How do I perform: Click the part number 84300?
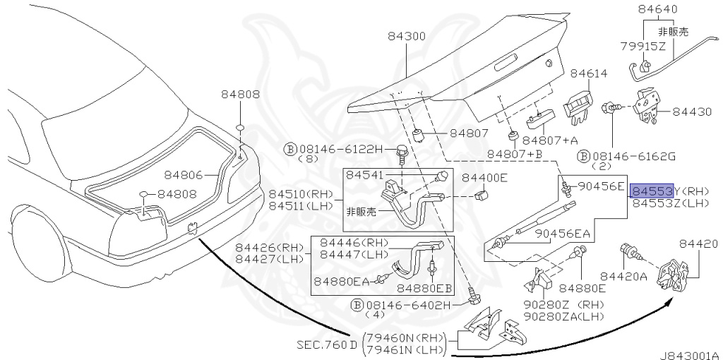coord(406,37)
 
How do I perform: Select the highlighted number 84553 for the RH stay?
coord(652,191)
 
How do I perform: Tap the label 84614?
coord(589,73)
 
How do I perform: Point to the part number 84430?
coord(692,112)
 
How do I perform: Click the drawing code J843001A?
coord(689,355)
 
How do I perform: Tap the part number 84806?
coord(184,174)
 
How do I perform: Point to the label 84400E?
coord(484,177)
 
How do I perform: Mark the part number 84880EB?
coord(424,289)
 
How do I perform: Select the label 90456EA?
coord(563,234)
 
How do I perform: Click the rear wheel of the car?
coord(37,244)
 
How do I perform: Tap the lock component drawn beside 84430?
coord(645,107)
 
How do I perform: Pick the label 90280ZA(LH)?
coord(564,317)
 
